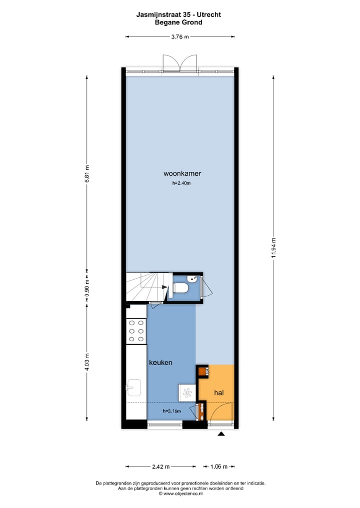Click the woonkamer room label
point(182,174)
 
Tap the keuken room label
point(160,363)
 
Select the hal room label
point(218,393)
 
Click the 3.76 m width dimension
point(180,36)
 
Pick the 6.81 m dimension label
point(87,174)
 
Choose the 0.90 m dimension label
point(87,288)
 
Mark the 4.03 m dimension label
point(87,362)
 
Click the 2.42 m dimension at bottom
point(160,467)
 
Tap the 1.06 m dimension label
point(218,467)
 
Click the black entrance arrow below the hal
point(221,434)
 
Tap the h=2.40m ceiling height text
point(181,183)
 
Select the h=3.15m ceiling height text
point(171,411)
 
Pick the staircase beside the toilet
point(146,287)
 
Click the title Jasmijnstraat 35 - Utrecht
point(178,15)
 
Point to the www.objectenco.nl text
point(180,494)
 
